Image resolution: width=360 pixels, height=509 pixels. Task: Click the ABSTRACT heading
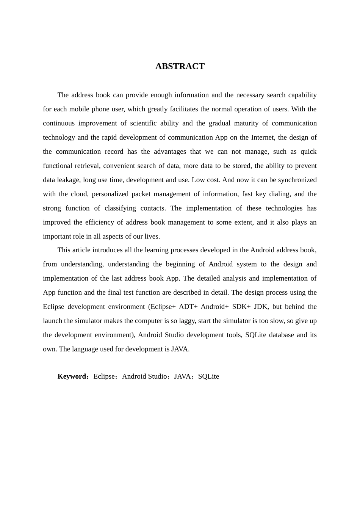point(180,66)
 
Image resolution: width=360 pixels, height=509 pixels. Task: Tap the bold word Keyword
point(72,376)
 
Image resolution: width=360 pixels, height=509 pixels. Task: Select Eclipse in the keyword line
point(104,376)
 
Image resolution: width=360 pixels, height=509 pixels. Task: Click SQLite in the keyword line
point(208,376)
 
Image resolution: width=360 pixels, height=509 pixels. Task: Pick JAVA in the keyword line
point(182,376)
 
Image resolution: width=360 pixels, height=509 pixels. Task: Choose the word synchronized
point(297,180)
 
